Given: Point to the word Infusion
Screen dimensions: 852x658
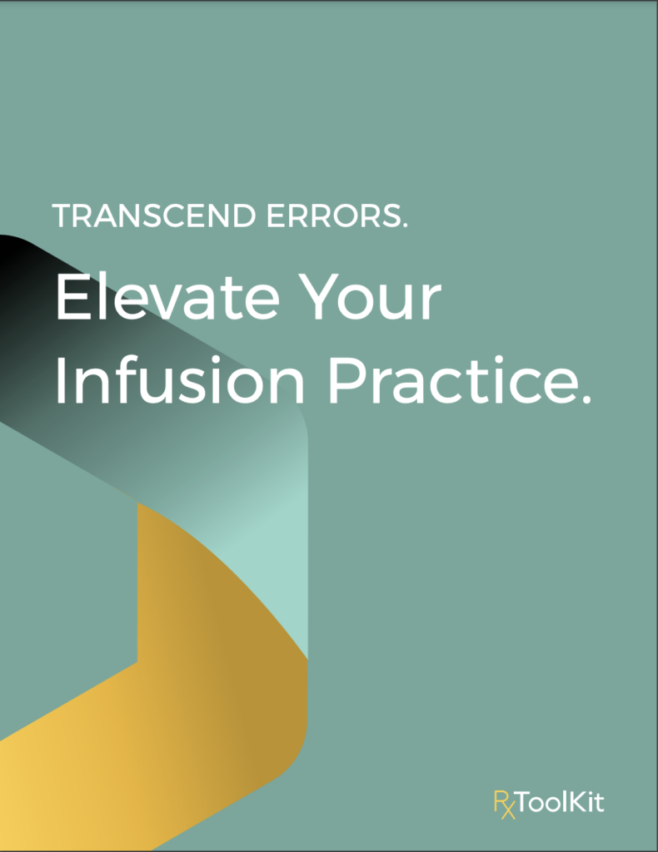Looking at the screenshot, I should click(182, 382).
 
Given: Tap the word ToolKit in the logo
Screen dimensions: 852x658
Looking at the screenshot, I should click(561, 804).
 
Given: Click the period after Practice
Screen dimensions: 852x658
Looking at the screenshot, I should click(583, 401).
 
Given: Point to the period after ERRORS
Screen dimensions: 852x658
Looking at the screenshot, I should click(404, 226).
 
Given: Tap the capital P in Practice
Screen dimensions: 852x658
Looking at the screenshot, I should click(343, 382).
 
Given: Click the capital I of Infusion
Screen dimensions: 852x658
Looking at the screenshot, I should click(61, 382).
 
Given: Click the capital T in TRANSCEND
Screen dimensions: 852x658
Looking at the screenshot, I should click(62, 216).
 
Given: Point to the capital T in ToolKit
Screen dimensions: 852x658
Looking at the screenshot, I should click(523, 804).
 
